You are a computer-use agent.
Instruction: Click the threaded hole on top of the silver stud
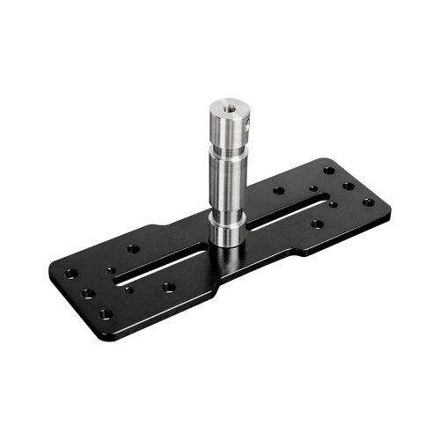click(226, 109)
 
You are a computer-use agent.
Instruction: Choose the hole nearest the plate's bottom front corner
click(106, 312)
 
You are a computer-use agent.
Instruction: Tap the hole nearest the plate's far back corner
click(328, 171)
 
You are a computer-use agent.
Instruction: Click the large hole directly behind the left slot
click(133, 249)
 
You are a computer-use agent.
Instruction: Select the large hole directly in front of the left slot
click(167, 287)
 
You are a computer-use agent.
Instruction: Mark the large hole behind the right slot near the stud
click(278, 190)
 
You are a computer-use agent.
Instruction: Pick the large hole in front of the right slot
click(316, 224)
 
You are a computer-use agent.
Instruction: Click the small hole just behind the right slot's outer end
click(314, 187)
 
